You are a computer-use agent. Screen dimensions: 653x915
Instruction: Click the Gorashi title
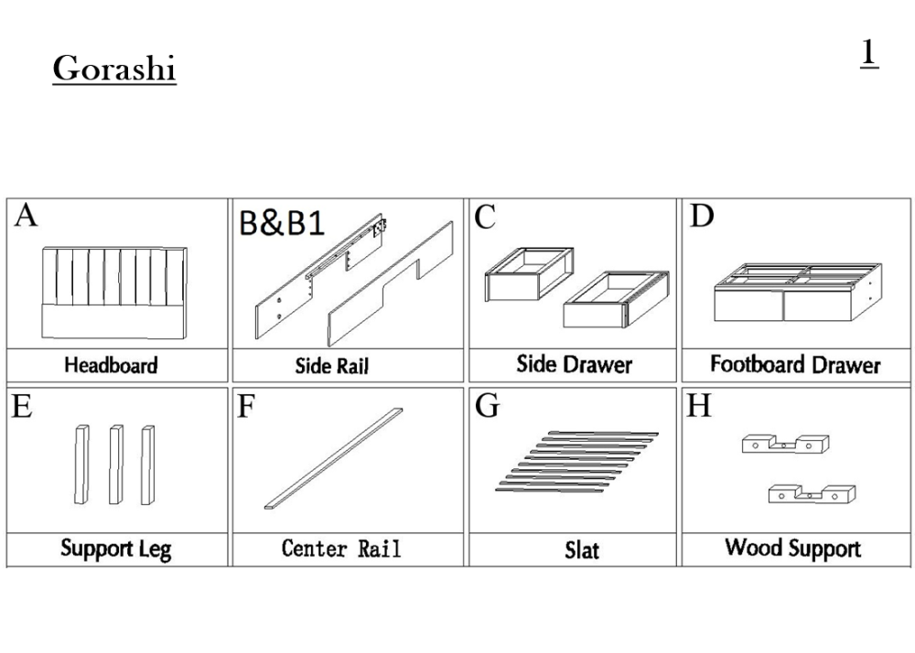pyautogui.click(x=114, y=69)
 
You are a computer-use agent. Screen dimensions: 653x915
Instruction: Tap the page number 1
pyautogui.click(x=868, y=53)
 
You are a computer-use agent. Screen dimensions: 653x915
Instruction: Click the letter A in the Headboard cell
pyautogui.click(x=27, y=217)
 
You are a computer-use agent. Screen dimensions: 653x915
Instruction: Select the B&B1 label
pyautogui.click(x=283, y=224)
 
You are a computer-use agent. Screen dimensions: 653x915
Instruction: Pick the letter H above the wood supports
pyautogui.click(x=699, y=406)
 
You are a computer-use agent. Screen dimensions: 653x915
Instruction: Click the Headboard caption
pyautogui.click(x=111, y=366)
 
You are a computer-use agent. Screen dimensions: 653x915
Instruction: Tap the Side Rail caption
pyautogui.click(x=331, y=366)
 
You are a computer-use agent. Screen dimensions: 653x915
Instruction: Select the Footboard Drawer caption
pyautogui.click(x=795, y=365)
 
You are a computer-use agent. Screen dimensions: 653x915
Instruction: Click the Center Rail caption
pyautogui.click(x=340, y=549)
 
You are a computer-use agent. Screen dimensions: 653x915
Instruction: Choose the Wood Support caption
pyautogui.click(x=792, y=548)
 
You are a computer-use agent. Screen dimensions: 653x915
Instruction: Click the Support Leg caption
pyautogui.click(x=115, y=549)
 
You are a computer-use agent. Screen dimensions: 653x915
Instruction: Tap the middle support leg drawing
pyautogui.click(x=115, y=465)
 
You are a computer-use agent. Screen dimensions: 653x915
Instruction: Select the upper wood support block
pyautogui.click(x=785, y=444)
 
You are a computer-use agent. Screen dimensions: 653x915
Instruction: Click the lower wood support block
pyautogui.click(x=812, y=495)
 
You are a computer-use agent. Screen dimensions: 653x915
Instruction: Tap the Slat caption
pyautogui.click(x=581, y=550)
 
